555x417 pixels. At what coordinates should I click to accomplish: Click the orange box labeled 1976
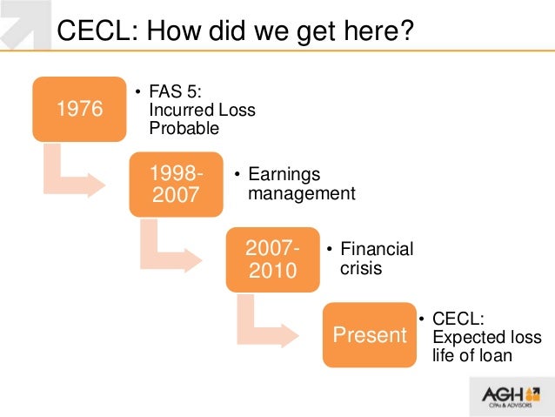(79, 109)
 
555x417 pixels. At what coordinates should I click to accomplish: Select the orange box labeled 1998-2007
(176, 184)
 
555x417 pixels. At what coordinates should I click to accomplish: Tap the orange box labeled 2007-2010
(272, 259)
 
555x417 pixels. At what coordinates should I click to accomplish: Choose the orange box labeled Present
(369, 334)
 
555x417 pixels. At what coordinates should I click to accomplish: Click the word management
(302, 193)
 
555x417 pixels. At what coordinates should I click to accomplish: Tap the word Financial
(377, 250)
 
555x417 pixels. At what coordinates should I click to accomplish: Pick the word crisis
(361, 268)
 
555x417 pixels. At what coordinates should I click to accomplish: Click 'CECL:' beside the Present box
(458, 319)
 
